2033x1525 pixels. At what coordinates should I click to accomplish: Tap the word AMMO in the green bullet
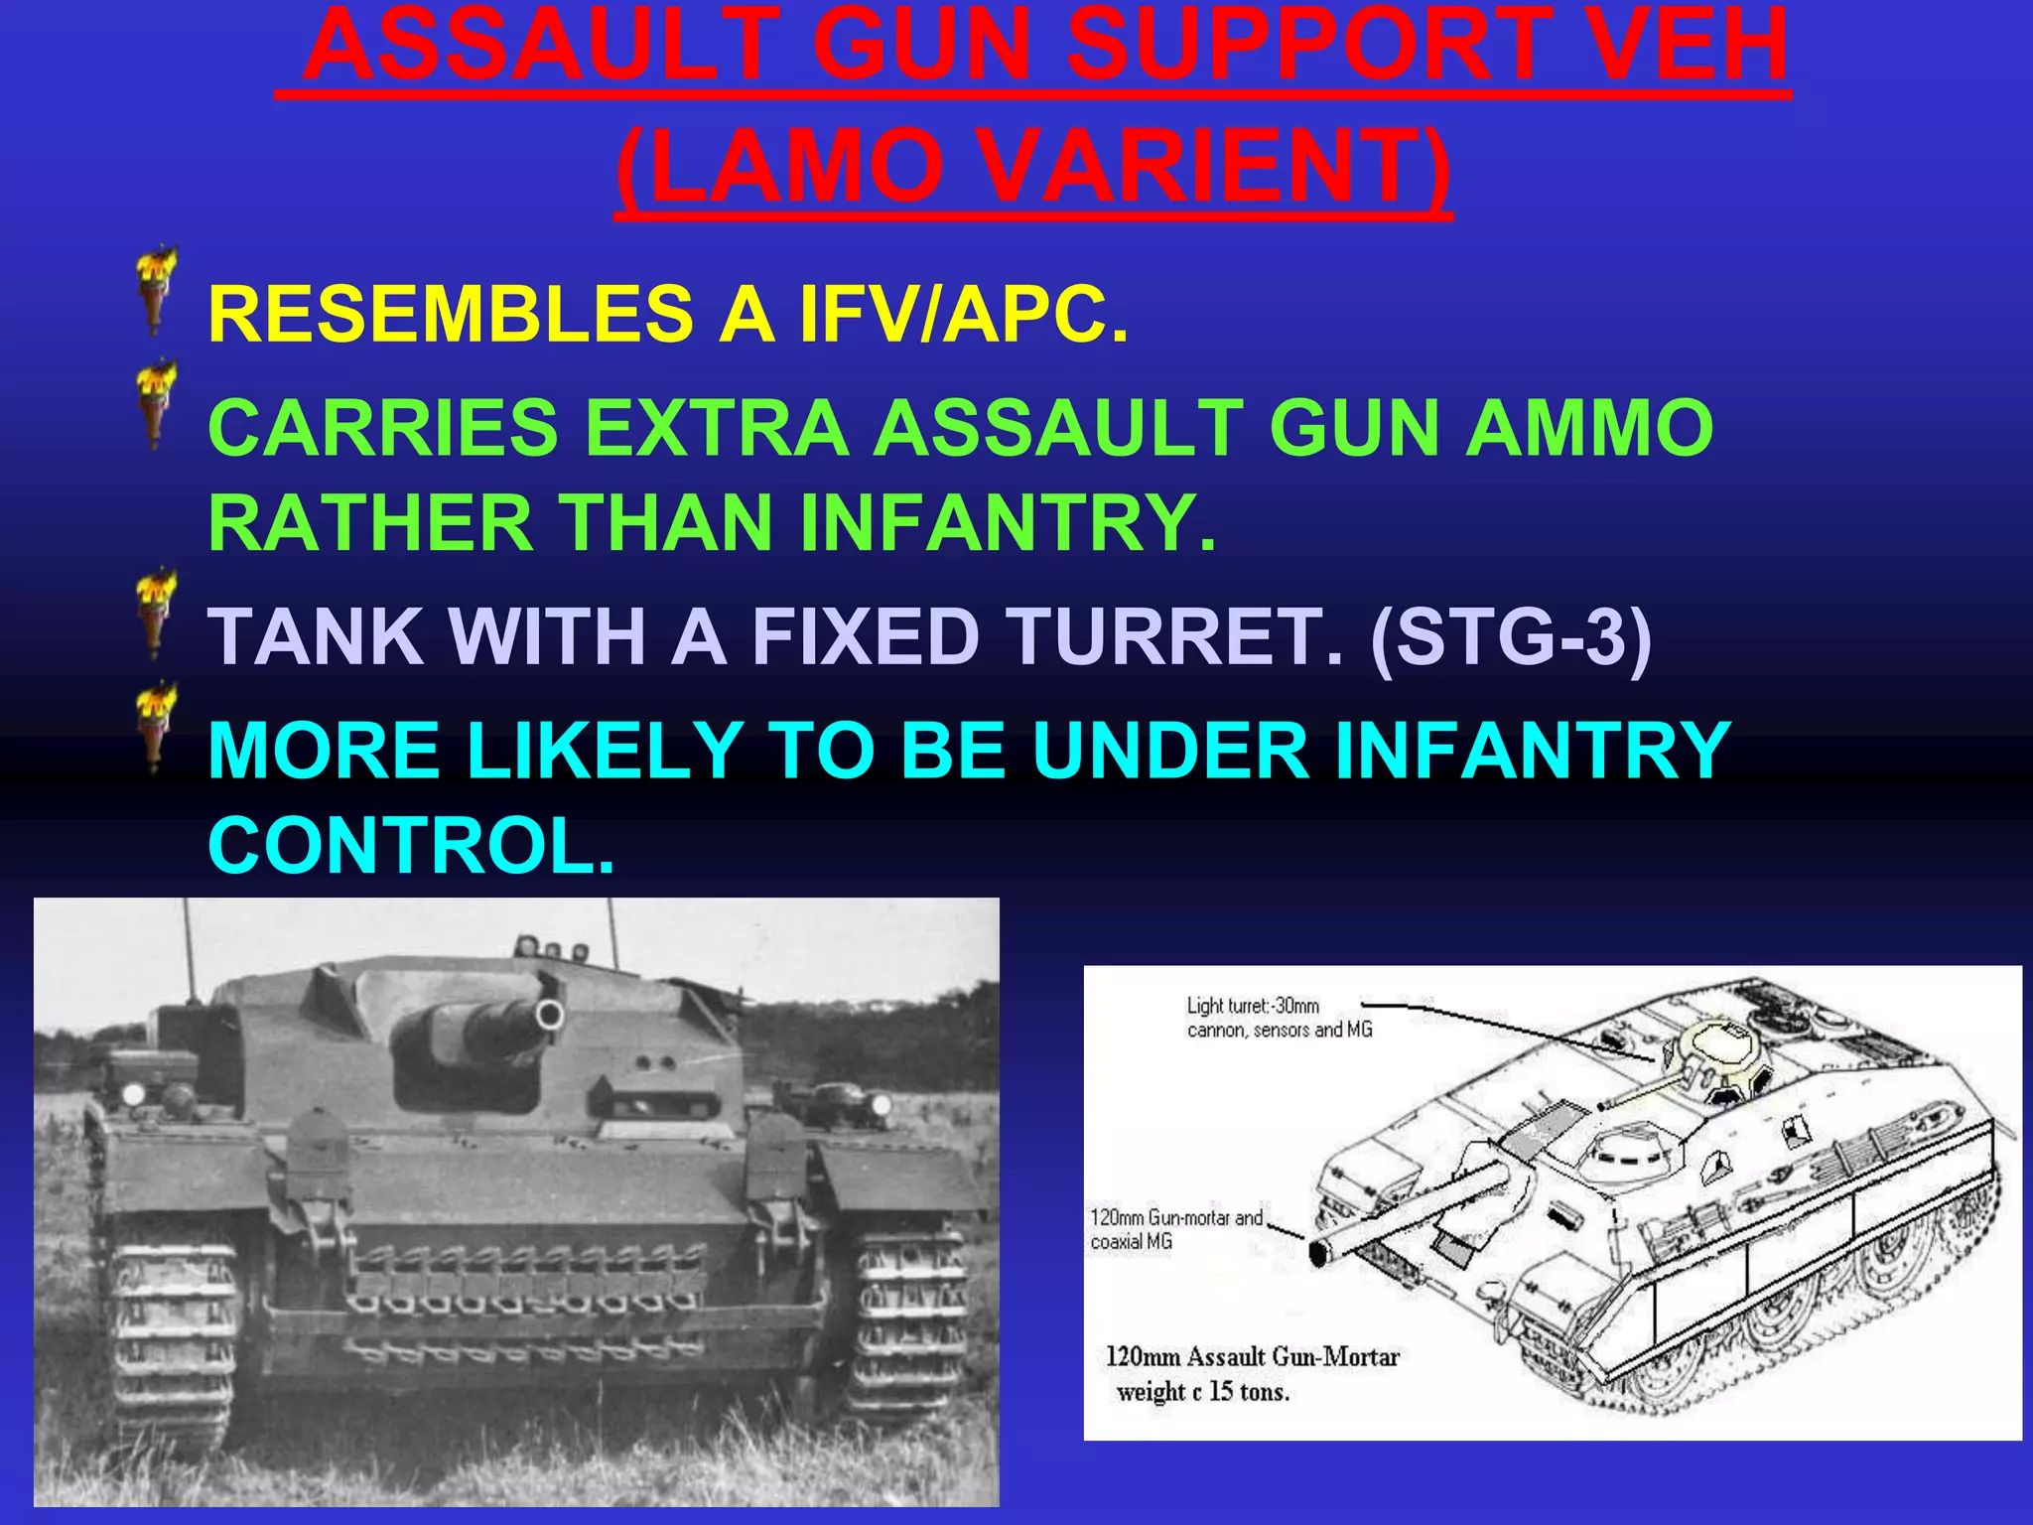click(1589, 428)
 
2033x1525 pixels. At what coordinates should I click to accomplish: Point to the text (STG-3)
click(1510, 636)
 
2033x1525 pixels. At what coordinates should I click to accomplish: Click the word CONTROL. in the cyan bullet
click(411, 846)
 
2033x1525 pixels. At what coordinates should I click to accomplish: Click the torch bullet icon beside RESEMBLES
click(156, 291)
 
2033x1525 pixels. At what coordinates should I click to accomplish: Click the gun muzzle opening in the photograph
click(549, 1015)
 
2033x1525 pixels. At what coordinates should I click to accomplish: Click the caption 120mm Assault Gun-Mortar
click(1252, 1356)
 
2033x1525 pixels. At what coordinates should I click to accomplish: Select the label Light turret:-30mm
click(1253, 1006)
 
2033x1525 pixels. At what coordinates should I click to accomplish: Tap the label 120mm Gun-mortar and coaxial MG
click(1175, 1229)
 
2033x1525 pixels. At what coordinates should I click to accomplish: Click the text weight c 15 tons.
click(1202, 1392)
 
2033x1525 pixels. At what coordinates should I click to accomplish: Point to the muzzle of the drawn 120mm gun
click(1320, 1253)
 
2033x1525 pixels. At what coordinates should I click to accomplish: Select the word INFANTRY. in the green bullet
click(1007, 524)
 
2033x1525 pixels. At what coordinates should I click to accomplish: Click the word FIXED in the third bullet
click(866, 636)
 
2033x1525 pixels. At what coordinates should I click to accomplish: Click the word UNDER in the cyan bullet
click(1168, 751)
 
